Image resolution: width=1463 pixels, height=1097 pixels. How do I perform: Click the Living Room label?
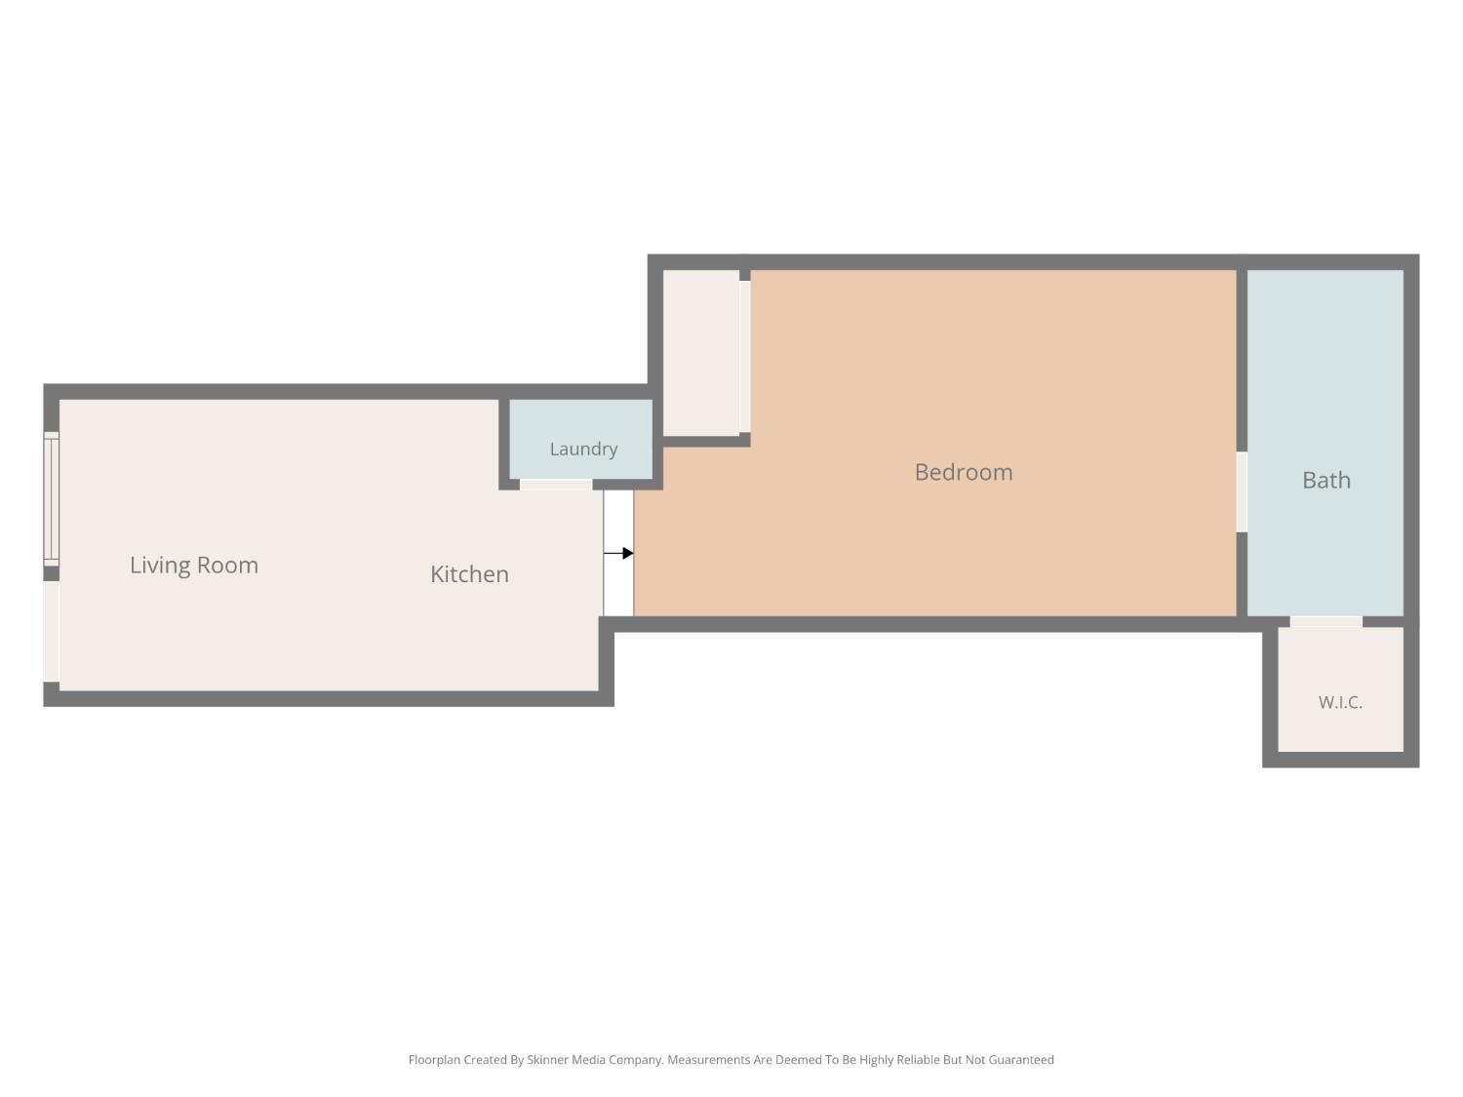[193, 566]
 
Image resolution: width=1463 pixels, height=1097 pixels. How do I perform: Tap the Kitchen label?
[469, 574]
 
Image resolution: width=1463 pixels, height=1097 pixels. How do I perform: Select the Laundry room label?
[583, 450]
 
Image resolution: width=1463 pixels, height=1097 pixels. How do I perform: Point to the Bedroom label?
[963, 472]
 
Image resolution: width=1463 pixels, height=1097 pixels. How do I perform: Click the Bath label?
[1325, 480]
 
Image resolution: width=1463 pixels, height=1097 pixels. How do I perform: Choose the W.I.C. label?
[1340, 702]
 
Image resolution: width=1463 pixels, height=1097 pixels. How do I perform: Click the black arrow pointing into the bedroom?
[617, 553]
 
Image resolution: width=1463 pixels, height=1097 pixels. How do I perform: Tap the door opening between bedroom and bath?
[1241, 491]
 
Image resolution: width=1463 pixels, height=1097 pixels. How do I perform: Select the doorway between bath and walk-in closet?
[1325, 621]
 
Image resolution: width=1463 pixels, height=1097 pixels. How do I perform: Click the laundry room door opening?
[555, 485]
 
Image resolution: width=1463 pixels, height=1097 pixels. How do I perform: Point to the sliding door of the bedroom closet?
[744, 356]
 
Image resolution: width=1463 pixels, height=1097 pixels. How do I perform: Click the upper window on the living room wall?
[52, 498]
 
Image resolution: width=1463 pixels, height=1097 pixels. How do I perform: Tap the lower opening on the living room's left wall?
[52, 632]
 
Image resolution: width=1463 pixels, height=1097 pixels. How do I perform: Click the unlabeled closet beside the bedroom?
[700, 352]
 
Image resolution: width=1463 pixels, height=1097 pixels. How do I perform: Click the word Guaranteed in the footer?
[1020, 1060]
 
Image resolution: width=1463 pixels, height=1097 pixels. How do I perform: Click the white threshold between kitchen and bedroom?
[617, 553]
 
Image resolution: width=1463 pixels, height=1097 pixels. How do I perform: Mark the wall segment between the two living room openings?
[52, 573]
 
